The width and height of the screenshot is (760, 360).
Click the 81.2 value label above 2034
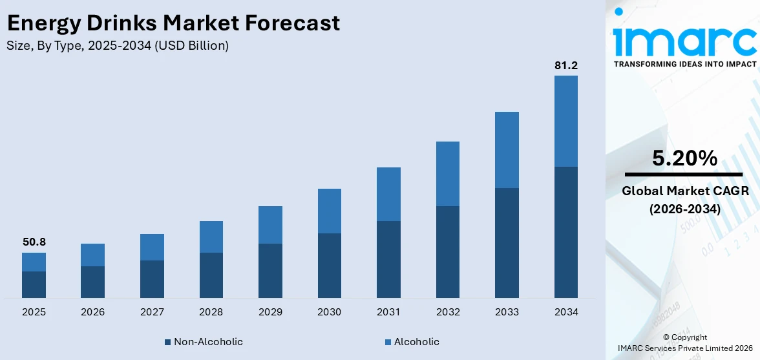point(565,65)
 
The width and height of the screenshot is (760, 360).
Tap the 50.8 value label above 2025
point(34,242)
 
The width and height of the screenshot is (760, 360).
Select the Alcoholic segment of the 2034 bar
point(565,121)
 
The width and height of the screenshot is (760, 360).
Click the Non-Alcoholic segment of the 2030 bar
point(330,265)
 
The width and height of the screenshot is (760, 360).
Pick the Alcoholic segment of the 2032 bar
point(448,174)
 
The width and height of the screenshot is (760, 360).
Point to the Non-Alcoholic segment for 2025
point(34,284)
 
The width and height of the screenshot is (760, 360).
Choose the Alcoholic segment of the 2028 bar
point(211,237)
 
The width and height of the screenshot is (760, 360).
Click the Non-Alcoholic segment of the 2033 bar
point(507,242)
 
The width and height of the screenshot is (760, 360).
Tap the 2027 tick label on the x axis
point(152,312)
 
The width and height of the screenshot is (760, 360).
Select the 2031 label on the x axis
point(388,312)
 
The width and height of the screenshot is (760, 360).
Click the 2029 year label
point(270,312)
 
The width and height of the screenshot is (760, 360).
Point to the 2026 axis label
point(93,312)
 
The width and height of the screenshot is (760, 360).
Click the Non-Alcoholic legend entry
point(204,341)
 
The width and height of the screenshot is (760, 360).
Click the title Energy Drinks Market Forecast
point(173,23)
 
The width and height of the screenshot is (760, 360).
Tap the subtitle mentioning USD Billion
point(117,45)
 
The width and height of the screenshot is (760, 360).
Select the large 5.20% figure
point(684,158)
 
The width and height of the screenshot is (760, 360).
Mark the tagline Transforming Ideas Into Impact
point(684,64)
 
